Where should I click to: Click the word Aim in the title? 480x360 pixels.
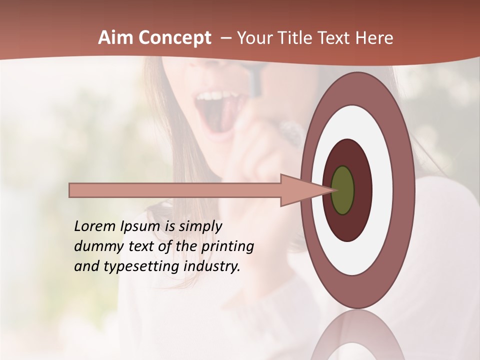click(115, 38)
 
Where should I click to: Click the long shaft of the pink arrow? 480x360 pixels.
click(175, 190)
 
